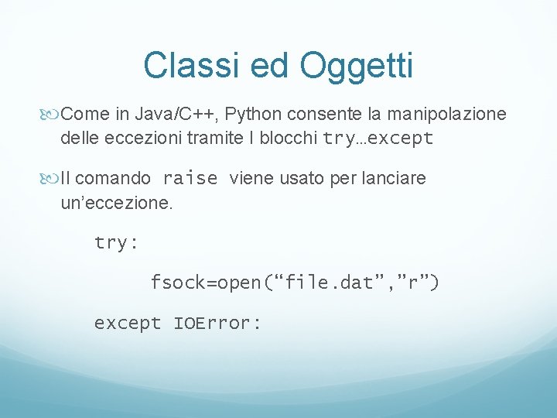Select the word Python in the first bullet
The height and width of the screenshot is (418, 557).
tap(254, 115)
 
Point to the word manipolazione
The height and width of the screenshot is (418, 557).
tap(446, 115)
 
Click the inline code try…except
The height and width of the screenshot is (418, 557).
tap(378, 139)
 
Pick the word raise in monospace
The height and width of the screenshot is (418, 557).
tap(190, 179)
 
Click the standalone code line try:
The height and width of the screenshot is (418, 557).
tap(116, 243)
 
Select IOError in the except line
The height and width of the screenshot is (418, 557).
tap(217, 323)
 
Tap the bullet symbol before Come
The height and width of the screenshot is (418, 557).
tap(52, 115)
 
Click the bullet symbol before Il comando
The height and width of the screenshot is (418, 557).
tap(52, 179)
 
